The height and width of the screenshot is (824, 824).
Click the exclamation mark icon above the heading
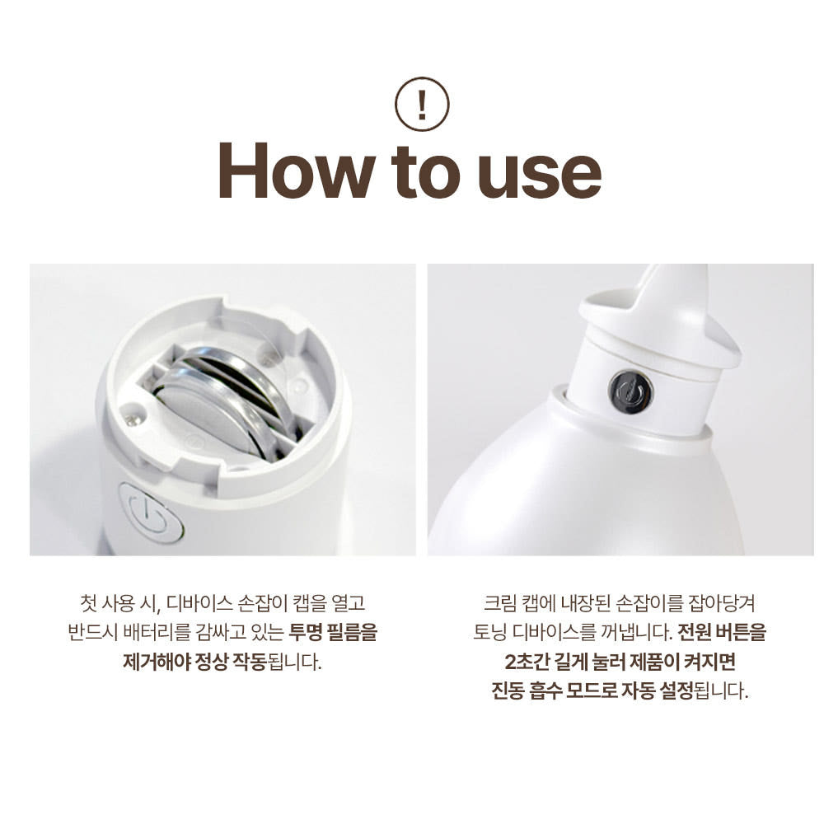click(422, 104)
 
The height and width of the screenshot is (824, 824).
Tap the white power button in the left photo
click(152, 513)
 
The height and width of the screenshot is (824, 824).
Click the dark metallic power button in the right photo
click(630, 391)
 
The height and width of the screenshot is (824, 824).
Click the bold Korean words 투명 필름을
click(333, 632)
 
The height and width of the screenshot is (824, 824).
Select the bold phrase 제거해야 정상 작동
click(195, 661)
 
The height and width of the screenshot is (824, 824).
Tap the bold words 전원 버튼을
click(722, 632)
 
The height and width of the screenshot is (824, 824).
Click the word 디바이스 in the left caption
click(199, 603)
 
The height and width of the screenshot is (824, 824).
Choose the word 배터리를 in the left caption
click(156, 632)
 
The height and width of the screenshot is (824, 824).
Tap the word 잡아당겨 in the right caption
click(722, 603)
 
